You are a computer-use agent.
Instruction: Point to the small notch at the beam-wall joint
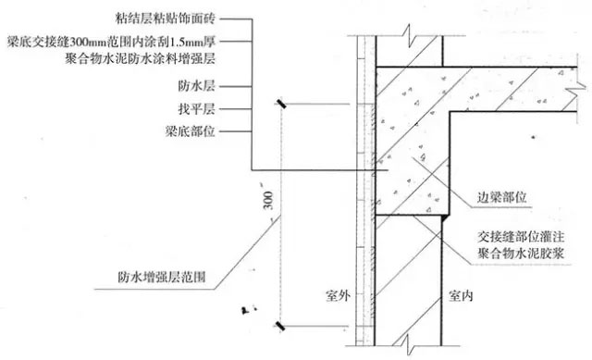(x=448, y=218)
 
